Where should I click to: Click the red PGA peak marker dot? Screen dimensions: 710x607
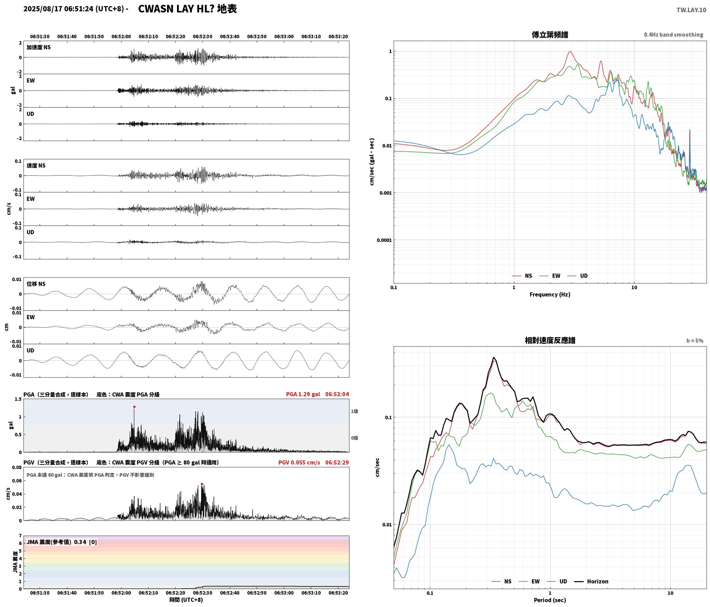(134, 407)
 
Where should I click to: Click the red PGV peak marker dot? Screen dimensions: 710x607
(202, 484)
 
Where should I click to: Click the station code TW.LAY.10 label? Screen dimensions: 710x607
(691, 10)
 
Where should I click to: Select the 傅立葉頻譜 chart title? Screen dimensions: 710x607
(550, 35)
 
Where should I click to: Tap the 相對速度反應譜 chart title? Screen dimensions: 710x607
(550, 340)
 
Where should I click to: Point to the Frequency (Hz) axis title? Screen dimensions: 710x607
(550, 295)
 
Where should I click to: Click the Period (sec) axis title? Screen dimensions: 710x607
(550, 600)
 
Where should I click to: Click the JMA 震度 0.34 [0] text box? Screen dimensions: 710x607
(62, 542)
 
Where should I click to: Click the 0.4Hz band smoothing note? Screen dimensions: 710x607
(673, 35)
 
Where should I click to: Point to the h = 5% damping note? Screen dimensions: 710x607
(695, 341)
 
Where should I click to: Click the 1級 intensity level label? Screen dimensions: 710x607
(355, 411)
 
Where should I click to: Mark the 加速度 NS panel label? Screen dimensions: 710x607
(39, 47)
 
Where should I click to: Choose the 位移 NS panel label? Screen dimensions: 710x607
(36, 284)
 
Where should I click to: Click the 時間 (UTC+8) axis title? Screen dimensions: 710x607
(186, 600)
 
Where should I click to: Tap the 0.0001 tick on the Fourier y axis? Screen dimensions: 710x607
(384, 240)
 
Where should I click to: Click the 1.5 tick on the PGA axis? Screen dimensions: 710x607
(18, 399)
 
